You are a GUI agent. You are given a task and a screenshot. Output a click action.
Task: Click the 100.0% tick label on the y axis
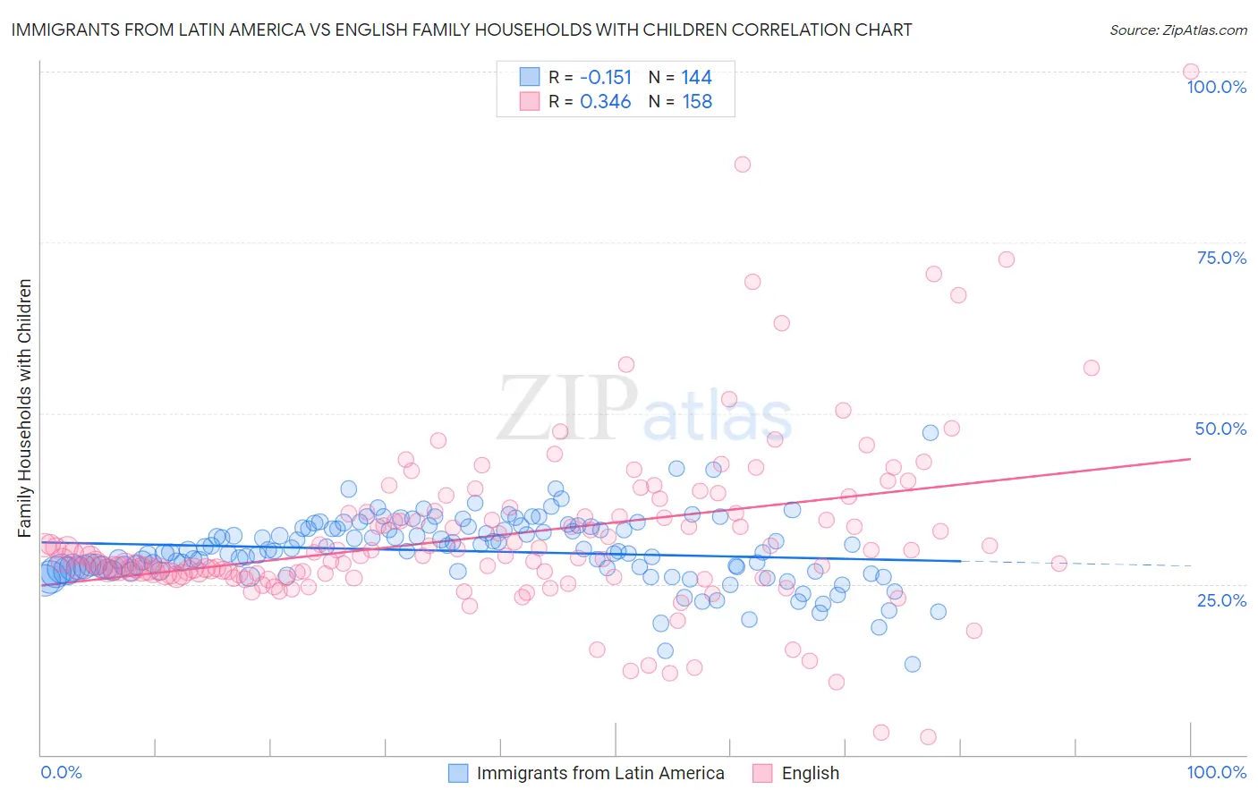click(1216, 87)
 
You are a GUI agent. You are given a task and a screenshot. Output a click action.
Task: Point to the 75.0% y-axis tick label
click(1221, 258)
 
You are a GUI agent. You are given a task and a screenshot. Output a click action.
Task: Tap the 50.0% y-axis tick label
click(1220, 429)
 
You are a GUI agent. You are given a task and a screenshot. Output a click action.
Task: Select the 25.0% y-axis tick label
click(1221, 599)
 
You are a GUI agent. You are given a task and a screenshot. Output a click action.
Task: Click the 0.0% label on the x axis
click(61, 772)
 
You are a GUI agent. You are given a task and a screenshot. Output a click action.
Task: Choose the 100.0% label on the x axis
click(1216, 772)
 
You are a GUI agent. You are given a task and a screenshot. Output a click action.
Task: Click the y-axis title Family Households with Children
click(24, 408)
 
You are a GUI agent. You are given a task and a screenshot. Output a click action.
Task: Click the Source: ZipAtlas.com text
click(1177, 30)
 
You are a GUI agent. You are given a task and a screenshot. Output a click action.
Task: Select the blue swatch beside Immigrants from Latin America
click(458, 773)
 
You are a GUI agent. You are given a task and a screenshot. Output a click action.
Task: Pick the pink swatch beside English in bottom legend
click(762, 773)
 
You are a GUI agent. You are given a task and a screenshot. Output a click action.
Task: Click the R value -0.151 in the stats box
click(606, 77)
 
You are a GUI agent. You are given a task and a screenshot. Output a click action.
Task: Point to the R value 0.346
click(606, 102)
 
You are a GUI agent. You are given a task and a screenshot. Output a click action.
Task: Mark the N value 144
click(696, 77)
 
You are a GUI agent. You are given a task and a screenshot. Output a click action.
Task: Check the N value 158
click(697, 102)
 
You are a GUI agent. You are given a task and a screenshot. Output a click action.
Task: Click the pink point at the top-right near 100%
click(1190, 72)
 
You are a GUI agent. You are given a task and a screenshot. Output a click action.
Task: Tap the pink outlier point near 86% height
click(742, 164)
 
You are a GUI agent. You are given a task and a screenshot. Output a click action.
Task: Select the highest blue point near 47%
click(931, 432)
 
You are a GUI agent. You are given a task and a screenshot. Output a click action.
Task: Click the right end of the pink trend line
click(1189, 459)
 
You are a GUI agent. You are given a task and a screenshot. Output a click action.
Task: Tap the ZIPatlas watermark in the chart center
click(644, 408)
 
